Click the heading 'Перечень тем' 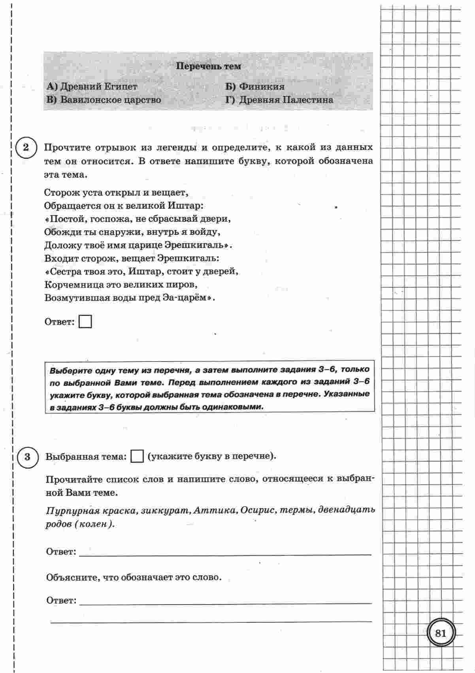[x=208, y=66]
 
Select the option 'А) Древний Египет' [x=92, y=87]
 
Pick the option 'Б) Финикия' [x=255, y=87]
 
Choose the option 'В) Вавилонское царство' [x=104, y=100]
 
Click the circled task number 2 [x=26, y=148]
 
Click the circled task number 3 [x=27, y=457]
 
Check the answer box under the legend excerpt [x=85, y=321]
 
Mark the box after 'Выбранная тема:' [x=137, y=456]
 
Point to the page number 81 [x=441, y=633]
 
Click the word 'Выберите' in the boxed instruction [x=69, y=371]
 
